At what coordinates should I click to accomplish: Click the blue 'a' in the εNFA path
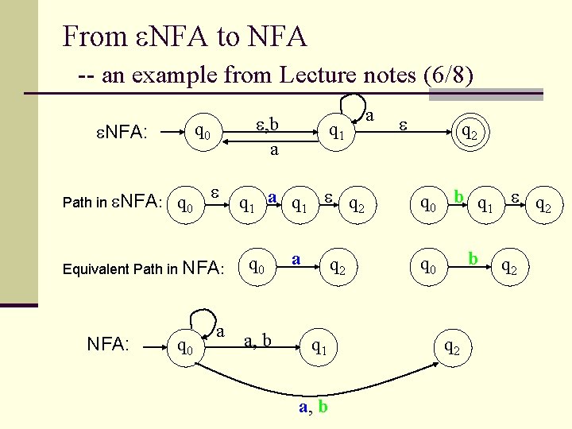(272, 196)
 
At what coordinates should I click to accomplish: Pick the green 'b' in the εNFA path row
(458, 196)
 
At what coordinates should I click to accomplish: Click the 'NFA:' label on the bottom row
(108, 344)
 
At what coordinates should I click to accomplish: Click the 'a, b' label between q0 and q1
(257, 342)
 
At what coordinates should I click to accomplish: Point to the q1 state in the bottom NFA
(319, 346)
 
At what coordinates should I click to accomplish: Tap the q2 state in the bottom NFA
(451, 346)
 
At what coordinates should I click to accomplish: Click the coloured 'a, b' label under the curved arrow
(313, 407)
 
